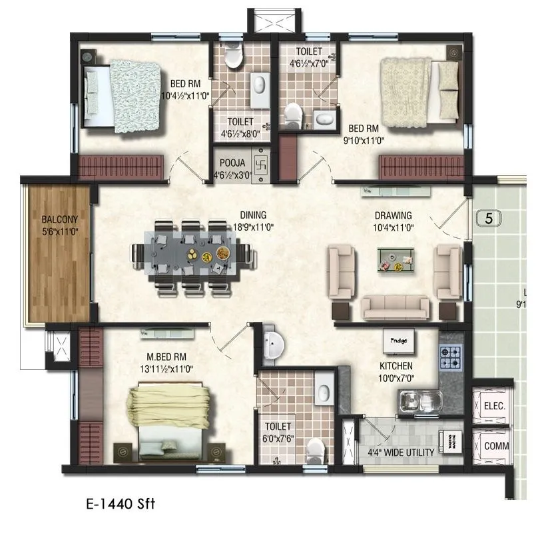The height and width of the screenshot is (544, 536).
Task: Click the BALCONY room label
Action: (x=60, y=219)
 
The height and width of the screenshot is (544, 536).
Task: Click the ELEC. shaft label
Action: (x=494, y=405)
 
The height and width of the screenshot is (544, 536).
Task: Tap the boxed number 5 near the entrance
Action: (x=489, y=218)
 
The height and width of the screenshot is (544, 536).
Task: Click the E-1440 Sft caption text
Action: (x=121, y=504)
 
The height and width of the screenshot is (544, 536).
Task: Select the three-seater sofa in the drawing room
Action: (x=395, y=307)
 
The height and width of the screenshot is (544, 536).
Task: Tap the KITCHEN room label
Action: (x=396, y=366)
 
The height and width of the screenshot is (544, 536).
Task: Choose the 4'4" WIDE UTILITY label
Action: (x=401, y=453)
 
